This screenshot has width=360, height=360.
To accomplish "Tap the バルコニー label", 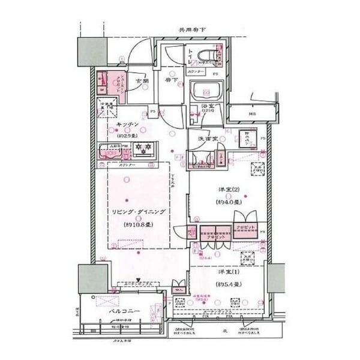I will [x=124, y=313].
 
